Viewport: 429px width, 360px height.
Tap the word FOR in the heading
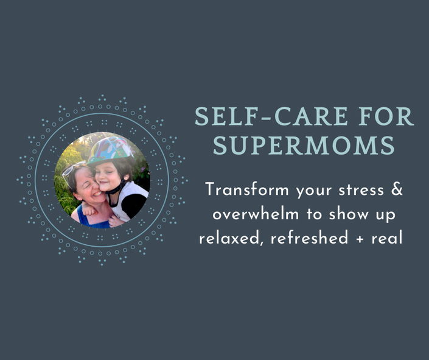386,116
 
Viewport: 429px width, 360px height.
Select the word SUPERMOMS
304,145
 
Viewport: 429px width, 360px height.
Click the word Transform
247,189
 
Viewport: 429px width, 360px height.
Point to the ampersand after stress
397,189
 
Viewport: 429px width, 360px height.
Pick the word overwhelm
256,214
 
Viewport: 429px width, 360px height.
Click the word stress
361,190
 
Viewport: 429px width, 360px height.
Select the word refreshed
309,238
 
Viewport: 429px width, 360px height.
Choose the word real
387,238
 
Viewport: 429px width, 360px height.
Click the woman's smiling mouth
97,194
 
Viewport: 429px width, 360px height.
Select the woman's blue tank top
90,218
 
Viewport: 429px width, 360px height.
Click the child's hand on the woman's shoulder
89,210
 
